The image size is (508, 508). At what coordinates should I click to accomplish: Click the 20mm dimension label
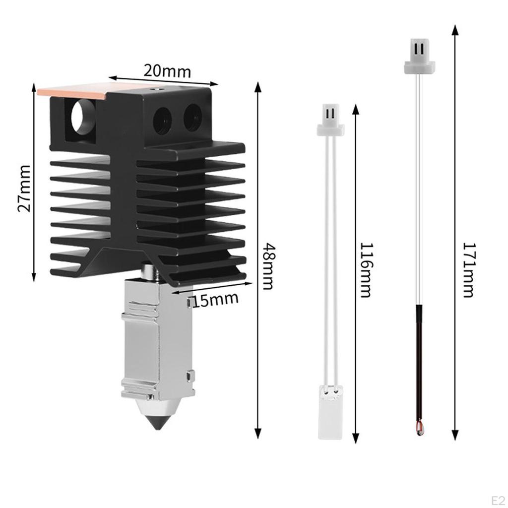pyautogui.click(x=167, y=71)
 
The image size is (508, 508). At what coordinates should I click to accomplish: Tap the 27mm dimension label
pyautogui.click(x=24, y=188)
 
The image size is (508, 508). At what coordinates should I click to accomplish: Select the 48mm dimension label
pyautogui.click(x=268, y=266)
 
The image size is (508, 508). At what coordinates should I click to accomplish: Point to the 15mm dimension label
pyautogui.click(x=215, y=300)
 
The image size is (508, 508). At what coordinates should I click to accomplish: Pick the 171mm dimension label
pyautogui.click(x=468, y=270)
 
